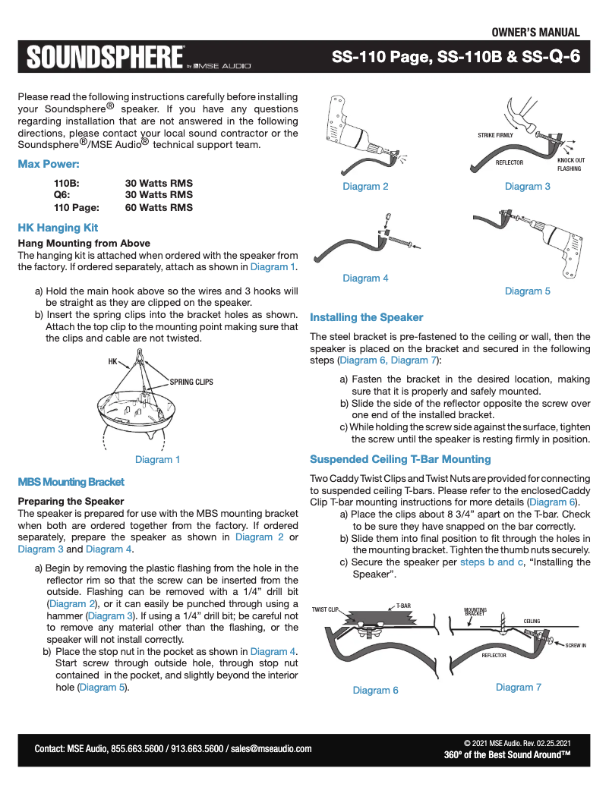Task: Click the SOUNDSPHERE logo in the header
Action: pos(106,58)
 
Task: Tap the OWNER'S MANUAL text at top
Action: pos(535,32)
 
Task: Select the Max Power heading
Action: pos(49,164)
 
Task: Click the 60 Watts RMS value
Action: pos(159,207)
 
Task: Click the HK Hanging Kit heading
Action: pos(58,228)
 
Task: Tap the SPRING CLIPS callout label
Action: pos(191,382)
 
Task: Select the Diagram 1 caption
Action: pos(157,459)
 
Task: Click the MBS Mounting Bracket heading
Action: pos(71,482)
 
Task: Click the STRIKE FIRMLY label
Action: pos(495,135)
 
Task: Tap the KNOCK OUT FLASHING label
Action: pos(570,165)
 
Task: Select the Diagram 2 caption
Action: pos(365,187)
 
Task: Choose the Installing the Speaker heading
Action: pos(366,317)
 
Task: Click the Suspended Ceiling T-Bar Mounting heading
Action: pos(400,459)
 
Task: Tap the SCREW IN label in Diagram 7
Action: pos(576,645)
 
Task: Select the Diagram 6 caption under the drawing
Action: pos(375,690)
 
